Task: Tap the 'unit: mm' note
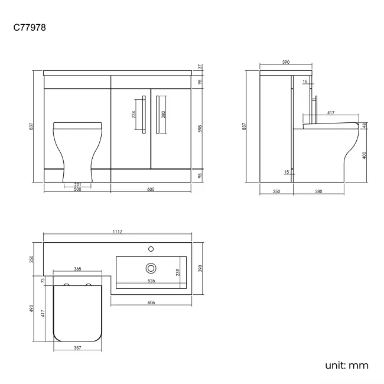(x=347, y=366)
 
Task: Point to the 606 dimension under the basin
(x=151, y=302)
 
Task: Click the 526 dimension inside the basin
(x=151, y=281)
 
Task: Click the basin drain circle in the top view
(x=151, y=268)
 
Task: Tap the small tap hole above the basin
(x=151, y=249)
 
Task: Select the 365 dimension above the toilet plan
(x=77, y=269)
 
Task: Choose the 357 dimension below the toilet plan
(x=77, y=347)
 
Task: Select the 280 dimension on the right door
(x=163, y=114)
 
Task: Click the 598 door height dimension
(x=200, y=128)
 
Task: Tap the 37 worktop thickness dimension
(x=200, y=66)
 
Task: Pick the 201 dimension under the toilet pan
(x=77, y=185)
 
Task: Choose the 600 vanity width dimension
(x=151, y=190)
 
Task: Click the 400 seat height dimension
(x=365, y=155)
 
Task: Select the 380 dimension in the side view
(x=318, y=191)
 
